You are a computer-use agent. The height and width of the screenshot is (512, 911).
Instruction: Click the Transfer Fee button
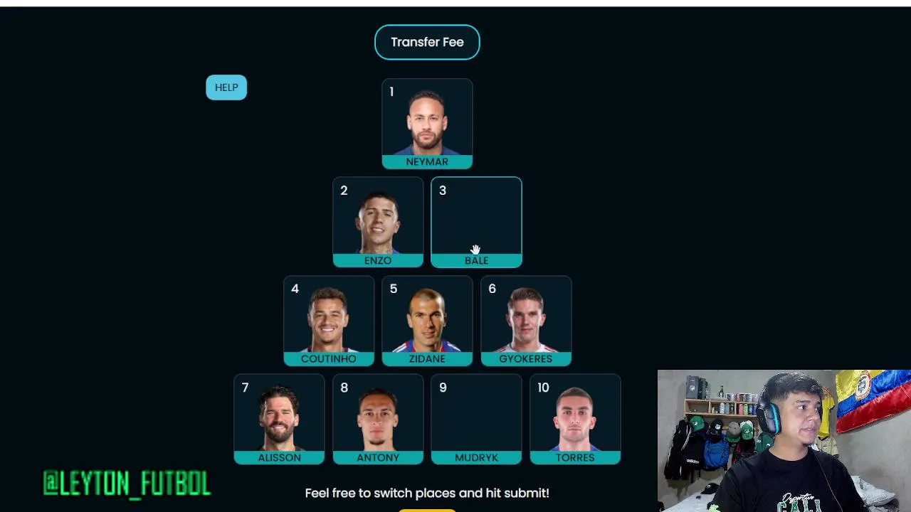coord(427,42)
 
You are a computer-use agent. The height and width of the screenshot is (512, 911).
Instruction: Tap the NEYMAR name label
coord(427,161)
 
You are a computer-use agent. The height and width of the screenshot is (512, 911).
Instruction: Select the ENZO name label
coord(378,260)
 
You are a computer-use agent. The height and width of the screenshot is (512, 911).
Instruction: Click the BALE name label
coord(476,260)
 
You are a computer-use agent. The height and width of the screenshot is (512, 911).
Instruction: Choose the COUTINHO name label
coord(329,359)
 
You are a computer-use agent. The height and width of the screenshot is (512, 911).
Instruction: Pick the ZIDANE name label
coord(427,359)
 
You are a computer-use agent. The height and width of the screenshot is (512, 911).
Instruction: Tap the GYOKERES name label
coord(526,359)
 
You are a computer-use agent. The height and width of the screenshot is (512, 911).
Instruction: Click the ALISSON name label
coord(280,457)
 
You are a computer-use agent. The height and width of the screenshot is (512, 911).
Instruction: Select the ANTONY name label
coord(378,457)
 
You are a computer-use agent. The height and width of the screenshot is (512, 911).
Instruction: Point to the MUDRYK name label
coord(476,457)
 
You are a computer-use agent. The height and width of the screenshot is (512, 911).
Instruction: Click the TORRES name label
coord(575,457)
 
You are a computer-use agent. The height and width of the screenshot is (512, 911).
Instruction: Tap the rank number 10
coord(543,388)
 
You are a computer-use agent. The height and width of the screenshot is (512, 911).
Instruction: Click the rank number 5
coord(394,289)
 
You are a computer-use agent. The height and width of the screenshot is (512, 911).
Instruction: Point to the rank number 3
coord(443,190)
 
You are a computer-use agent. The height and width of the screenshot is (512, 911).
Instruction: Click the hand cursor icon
coord(475,249)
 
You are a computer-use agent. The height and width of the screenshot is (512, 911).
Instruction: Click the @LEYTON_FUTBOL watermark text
coord(127,483)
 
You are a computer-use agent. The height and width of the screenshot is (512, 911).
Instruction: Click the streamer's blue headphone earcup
coord(771,417)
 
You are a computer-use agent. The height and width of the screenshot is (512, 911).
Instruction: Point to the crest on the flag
coord(862,385)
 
